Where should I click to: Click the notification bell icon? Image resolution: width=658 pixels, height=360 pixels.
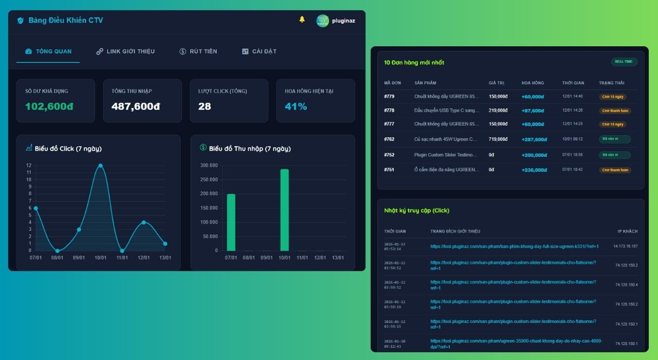(302, 20)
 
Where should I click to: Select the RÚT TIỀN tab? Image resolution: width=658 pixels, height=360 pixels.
(198, 51)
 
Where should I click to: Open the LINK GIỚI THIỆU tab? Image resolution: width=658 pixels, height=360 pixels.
(125, 51)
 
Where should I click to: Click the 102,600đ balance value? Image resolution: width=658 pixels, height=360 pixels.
(49, 106)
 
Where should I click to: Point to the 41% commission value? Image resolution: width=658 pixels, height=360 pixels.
(296, 106)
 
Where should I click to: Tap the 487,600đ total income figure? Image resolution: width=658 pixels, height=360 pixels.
(136, 106)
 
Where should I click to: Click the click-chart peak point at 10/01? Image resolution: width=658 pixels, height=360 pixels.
(100, 166)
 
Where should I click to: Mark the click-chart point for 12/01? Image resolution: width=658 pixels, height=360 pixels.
(143, 222)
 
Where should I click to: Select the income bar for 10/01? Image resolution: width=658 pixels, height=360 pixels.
(284, 210)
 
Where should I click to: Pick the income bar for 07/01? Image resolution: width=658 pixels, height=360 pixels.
(231, 222)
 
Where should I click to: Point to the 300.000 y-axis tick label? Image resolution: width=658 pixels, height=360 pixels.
(209, 166)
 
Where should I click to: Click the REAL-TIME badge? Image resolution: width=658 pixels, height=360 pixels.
(624, 62)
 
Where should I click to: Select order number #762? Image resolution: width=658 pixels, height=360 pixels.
(389, 139)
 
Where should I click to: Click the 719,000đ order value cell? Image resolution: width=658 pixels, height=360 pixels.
(498, 139)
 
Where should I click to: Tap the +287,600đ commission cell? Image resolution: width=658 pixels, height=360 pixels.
(534, 139)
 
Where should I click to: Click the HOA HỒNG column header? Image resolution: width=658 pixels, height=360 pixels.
(533, 83)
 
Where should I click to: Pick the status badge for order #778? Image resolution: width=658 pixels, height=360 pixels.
(615, 111)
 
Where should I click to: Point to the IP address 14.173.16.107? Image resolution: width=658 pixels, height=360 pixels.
(625, 246)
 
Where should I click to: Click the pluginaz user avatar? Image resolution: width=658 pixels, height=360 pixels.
(322, 21)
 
